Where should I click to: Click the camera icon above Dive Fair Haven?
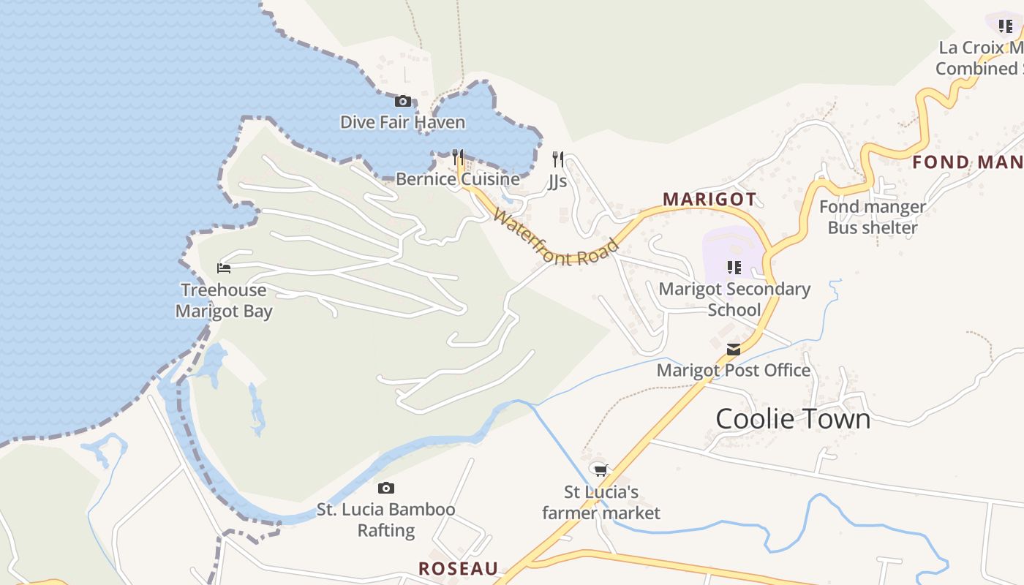[402, 102]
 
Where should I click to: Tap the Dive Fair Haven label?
[402, 122]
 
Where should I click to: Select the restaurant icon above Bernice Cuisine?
[458, 156]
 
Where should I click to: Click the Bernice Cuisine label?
[458, 179]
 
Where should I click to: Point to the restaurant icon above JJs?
[558, 159]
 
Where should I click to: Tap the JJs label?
[557, 181]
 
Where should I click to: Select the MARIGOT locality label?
[709, 199]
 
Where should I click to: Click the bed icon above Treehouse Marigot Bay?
[224, 268]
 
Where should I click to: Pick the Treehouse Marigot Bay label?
[224, 301]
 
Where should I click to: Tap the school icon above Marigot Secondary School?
[734, 268]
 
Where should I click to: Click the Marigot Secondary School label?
[734, 299]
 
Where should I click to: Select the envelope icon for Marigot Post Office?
[734, 350]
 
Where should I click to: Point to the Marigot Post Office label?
[733, 370]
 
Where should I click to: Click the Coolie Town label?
[793, 419]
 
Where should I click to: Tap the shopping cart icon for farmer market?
[601, 470]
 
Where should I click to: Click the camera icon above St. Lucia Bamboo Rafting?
[385, 488]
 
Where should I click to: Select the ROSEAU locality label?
[458, 568]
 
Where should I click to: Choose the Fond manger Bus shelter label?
[872, 217]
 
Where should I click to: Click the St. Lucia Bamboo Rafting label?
[385, 520]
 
